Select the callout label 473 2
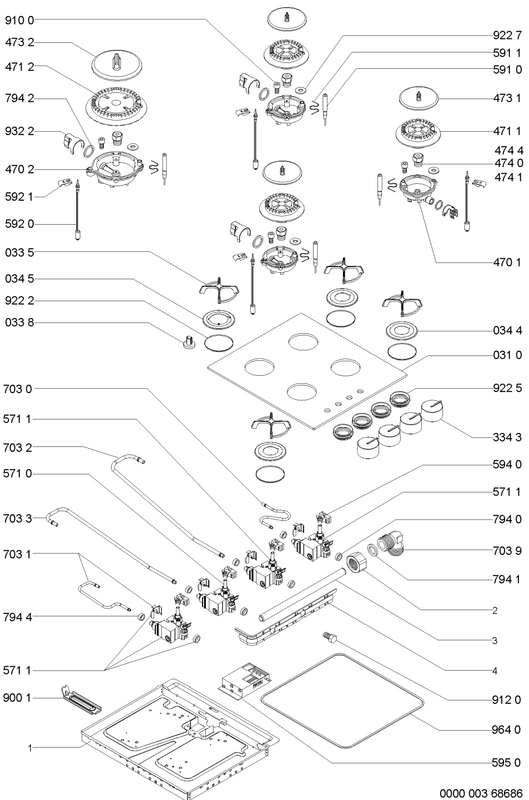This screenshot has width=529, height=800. click(x=19, y=43)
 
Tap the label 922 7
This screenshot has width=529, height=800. click(x=507, y=35)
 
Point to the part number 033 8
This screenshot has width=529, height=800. click(x=19, y=323)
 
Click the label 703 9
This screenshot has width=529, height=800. click(x=507, y=550)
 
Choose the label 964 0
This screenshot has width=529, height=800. click(x=507, y=729)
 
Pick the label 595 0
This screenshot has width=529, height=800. click(x=507, y=762)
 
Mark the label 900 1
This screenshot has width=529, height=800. click(x=17, y=698)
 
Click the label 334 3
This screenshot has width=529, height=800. click(x=507, y=438)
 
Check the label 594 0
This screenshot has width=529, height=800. click(x=507, y=465)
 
